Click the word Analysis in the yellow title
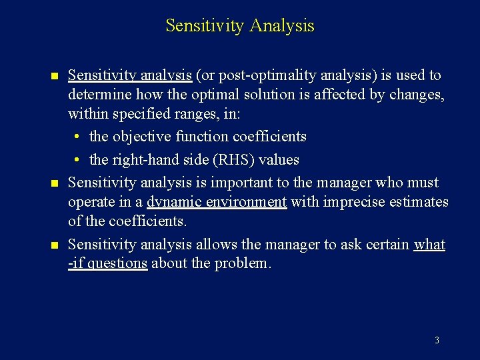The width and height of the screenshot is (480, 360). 282,26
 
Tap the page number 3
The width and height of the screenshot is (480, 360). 437,340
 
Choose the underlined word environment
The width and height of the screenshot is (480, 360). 243,202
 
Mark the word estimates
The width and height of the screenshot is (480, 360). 421,202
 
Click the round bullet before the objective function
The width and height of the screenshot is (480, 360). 78,137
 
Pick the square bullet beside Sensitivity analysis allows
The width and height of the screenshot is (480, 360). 54,245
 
